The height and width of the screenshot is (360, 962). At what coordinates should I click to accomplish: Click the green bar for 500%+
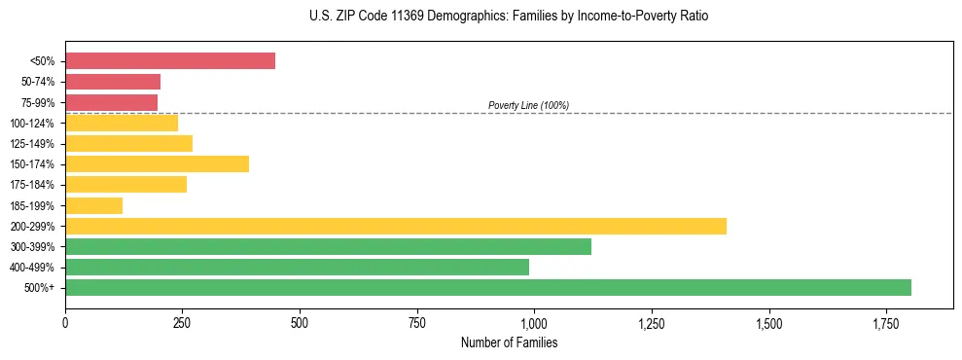487,287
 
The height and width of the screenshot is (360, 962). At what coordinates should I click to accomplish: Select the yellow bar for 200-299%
395,226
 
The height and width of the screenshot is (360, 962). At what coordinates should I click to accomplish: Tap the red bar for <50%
170,61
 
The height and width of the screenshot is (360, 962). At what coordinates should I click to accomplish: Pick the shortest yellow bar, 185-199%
93,205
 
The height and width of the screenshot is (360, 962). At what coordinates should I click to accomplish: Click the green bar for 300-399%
328,246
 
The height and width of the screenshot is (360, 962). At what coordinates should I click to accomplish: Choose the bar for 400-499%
297,267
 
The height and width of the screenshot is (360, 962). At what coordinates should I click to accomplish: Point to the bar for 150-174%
157,163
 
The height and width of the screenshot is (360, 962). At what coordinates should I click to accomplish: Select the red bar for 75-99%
111,102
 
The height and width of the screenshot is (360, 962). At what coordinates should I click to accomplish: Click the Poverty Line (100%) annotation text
528,105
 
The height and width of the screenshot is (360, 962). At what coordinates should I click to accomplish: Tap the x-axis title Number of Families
509,342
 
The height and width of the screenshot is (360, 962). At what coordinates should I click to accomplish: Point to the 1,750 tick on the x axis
886,322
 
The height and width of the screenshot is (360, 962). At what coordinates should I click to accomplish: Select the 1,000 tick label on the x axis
534,322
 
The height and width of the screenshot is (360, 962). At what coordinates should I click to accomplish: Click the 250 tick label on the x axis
182,322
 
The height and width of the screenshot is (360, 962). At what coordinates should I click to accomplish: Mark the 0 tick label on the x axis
65,322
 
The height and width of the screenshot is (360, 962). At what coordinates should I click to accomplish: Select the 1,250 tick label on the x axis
652,322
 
